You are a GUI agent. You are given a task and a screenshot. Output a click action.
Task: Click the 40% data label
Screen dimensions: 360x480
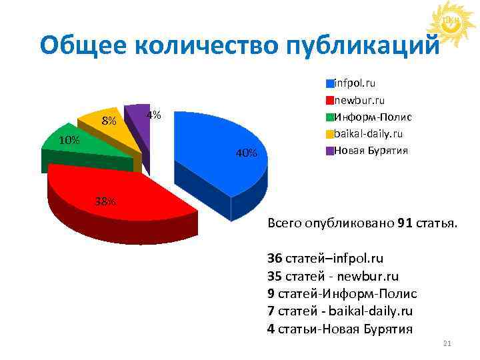[x=246, y=154]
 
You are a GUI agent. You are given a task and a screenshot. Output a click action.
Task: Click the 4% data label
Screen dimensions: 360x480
[x=154, y=114]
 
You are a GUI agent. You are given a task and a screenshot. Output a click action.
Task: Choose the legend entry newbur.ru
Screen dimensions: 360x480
[x=359, y=100]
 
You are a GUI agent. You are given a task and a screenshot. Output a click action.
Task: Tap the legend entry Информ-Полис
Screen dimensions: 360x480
[x=372, y=117]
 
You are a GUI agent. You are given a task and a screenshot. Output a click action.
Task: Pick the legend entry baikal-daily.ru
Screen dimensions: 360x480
[x=367, y=133]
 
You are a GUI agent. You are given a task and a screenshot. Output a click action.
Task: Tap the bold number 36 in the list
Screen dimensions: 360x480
[x=273, y=257]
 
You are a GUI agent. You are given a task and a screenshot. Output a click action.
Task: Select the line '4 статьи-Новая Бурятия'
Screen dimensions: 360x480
[x=339, y=329]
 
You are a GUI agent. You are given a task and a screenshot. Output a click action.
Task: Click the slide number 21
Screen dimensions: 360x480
[x=447, y=343]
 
